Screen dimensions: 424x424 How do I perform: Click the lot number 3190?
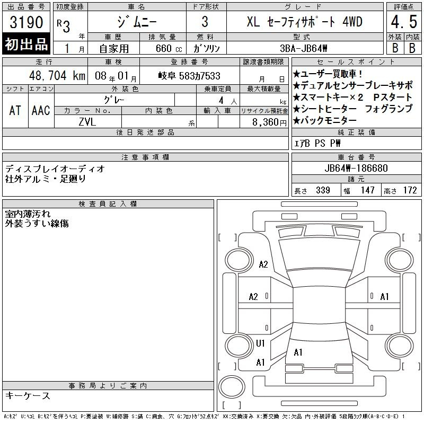tap(26, 22)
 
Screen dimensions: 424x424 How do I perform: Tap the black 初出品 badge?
tap(26, 44)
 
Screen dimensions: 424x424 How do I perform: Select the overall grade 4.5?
tap(404, 22)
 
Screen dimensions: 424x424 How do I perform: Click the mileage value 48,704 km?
tap(57, 76)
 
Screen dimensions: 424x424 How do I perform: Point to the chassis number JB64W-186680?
tap(356, 168)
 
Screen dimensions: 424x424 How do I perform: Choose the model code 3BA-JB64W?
tap(303, 48)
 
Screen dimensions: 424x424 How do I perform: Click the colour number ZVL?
tap(87, 122)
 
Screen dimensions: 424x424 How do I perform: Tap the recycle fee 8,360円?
tap(269, 122)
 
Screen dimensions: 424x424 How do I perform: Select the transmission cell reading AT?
tap(15, 110)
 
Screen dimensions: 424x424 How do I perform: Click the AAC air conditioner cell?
tap(41, 110)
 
